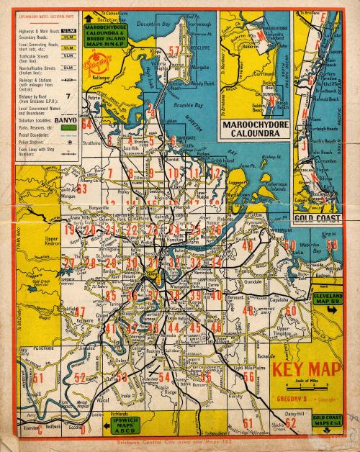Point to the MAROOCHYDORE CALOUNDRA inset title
pyautogui.click(x=256, y=127)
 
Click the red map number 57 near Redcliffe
pyautogui.click(x=174, y=50)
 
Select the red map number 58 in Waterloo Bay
pyautogui.click(x=332, y=245)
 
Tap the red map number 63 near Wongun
pyautogui.click(x=81, y=189)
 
